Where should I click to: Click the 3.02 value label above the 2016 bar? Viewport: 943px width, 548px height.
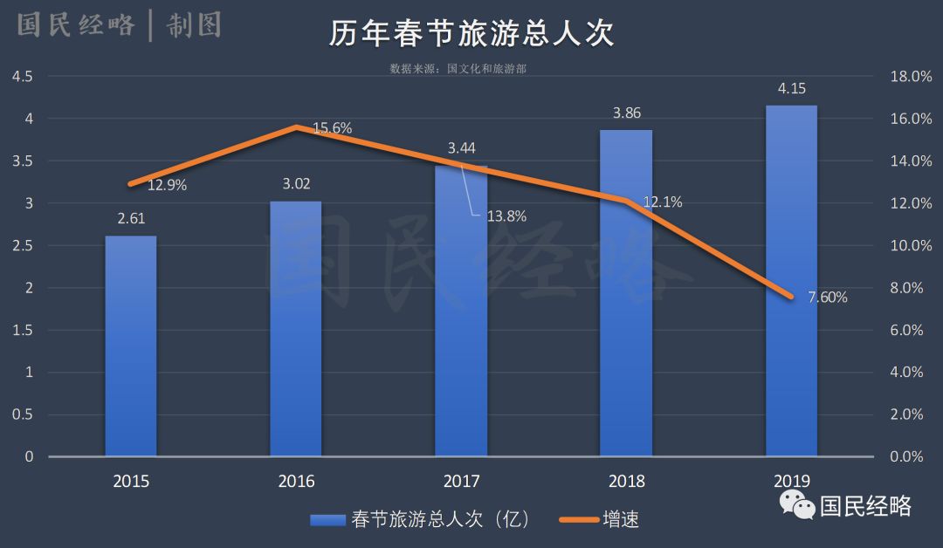[x=296, y=184]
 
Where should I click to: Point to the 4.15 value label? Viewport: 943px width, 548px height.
[x=791, y=88]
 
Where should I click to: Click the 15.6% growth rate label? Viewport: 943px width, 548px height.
[x=332, y=128]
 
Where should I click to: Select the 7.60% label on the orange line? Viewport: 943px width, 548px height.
[x=827, y=298]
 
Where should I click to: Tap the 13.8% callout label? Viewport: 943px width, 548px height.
[x=506, y=216]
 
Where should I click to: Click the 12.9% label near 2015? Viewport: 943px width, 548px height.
[x=167, y=185]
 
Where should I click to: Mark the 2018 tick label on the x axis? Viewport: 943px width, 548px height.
[x=626, y=482]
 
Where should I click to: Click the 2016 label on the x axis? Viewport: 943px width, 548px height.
[x=296, y=482]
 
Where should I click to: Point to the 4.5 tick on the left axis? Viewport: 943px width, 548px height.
[x=23, y=77]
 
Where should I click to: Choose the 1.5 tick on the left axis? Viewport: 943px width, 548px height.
[x=23, y=330]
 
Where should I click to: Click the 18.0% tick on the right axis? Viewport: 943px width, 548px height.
[x=911, y=77]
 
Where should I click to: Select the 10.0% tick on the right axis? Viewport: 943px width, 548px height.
[x=911, y=245]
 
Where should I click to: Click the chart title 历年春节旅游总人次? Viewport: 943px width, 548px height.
[x=471, y=34]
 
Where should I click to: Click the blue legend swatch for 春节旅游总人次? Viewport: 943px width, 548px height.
[x=328, y=520]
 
